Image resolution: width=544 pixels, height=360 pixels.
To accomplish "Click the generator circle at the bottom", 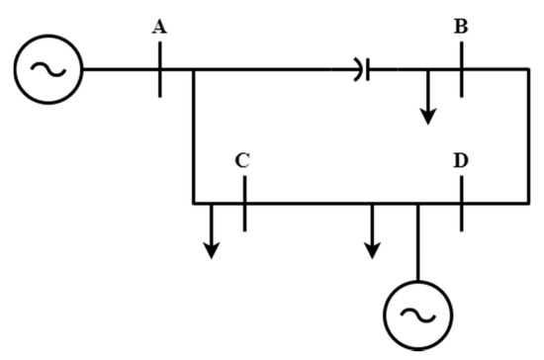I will pos(416,315).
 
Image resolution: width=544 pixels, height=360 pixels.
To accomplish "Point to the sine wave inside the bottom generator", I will pos(416,315).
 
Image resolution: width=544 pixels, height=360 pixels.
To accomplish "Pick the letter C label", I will pos(242,159).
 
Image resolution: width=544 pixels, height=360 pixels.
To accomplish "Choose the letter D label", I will pos(461,159).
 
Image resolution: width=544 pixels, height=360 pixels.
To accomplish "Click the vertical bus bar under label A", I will pos(159,69).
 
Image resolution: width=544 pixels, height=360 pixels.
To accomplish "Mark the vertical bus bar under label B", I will pos(461,69).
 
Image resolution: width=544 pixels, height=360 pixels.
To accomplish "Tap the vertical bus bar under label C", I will pos(243,203).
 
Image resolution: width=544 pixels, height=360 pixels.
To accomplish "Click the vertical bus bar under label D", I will pos(461,203).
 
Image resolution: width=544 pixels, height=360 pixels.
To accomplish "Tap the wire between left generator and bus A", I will pos(119,69).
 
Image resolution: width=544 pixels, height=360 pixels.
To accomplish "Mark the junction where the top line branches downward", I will pos(193,69).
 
